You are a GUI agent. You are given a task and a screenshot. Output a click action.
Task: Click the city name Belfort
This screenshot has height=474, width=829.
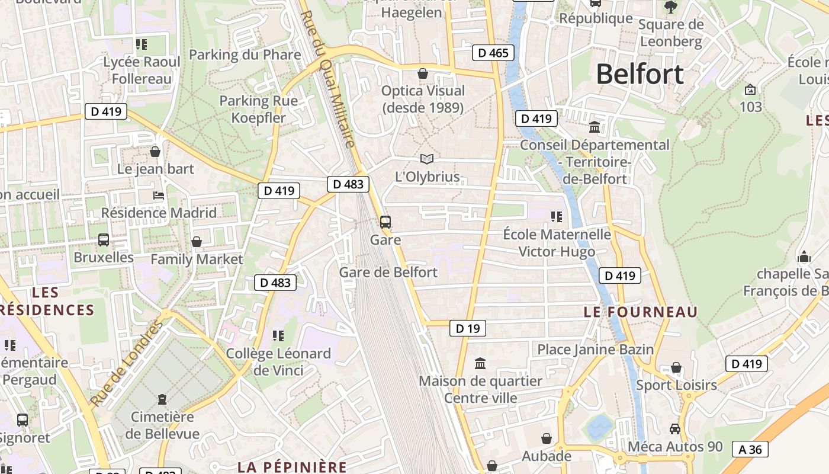coord(640,75)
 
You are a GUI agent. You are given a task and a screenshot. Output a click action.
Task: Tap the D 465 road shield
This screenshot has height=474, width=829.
coord(493,53)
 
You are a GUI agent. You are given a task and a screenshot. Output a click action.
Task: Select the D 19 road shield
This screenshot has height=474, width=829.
coord(467,328)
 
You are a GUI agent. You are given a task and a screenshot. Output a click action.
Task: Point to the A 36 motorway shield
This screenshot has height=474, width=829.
coord(750,449)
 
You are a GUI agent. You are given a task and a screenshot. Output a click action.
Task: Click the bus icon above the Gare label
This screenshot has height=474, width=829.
coord(385,222)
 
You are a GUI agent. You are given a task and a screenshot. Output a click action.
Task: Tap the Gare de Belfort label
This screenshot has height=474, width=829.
coord(388,272)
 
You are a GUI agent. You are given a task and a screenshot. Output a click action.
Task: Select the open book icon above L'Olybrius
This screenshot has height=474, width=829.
coord(426,159)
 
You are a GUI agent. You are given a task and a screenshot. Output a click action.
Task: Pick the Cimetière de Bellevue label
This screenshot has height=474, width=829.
coord(162,425)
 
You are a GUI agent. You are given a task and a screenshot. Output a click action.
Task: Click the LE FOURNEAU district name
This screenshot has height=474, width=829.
coord(641,312)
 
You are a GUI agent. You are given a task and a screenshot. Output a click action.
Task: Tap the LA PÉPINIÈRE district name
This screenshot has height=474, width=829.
coord(292,466)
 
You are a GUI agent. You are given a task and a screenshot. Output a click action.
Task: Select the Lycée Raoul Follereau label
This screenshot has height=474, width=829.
coord(142,70)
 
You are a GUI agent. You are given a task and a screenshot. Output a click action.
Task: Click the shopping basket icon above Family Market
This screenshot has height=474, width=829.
coord(197,242)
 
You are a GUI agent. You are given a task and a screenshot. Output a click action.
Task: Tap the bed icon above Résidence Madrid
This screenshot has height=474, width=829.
coord(159,196)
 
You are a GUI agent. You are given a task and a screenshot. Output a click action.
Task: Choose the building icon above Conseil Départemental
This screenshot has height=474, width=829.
coord(595,127)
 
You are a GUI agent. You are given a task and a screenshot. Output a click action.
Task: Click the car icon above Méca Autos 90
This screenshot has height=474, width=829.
coord(675,428)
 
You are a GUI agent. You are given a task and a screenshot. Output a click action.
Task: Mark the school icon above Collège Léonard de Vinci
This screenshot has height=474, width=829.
coord(278,336)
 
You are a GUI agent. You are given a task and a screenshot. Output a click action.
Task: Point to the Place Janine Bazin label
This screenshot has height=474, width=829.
coord(595,350)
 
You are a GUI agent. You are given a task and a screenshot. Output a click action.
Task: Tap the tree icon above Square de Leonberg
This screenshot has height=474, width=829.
coord(671,7)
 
